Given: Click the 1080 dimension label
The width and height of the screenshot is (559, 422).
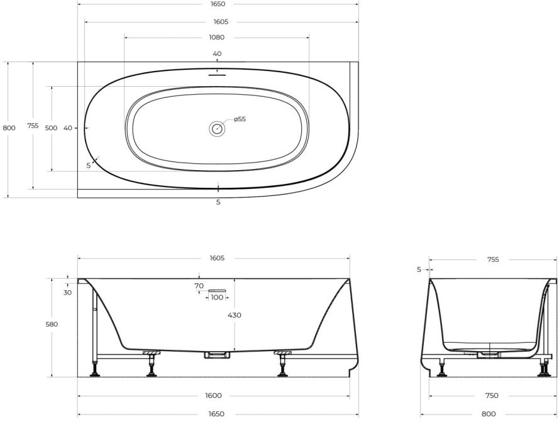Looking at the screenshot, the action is (216, 38).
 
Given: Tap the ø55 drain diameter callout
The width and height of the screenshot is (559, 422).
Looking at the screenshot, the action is (240, 119).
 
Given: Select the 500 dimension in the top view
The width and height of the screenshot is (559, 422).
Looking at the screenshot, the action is (52, 128).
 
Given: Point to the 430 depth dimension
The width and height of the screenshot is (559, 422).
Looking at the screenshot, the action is (234, 315).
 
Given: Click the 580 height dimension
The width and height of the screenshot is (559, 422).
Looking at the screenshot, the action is (52, 325).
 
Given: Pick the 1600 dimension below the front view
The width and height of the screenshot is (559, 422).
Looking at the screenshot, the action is (214, 396).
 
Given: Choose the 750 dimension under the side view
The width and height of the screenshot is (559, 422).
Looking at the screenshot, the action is (492, 396).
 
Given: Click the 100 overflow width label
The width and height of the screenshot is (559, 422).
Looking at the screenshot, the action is (217, 298).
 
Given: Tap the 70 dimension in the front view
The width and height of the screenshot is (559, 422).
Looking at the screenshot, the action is (199, 286).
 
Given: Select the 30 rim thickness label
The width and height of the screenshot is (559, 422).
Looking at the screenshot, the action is (67, 293).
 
